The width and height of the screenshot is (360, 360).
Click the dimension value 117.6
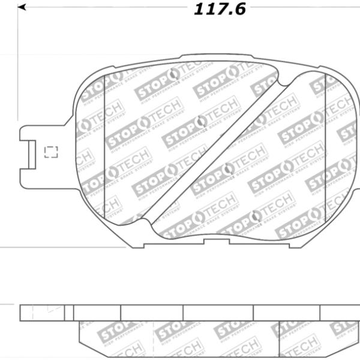tap(220, 10)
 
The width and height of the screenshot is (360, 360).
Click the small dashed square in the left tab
tap(51, 151)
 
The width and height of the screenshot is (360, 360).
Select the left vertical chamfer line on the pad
tap(104, 150)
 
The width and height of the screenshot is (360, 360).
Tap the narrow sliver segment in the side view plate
tap(69, 313)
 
